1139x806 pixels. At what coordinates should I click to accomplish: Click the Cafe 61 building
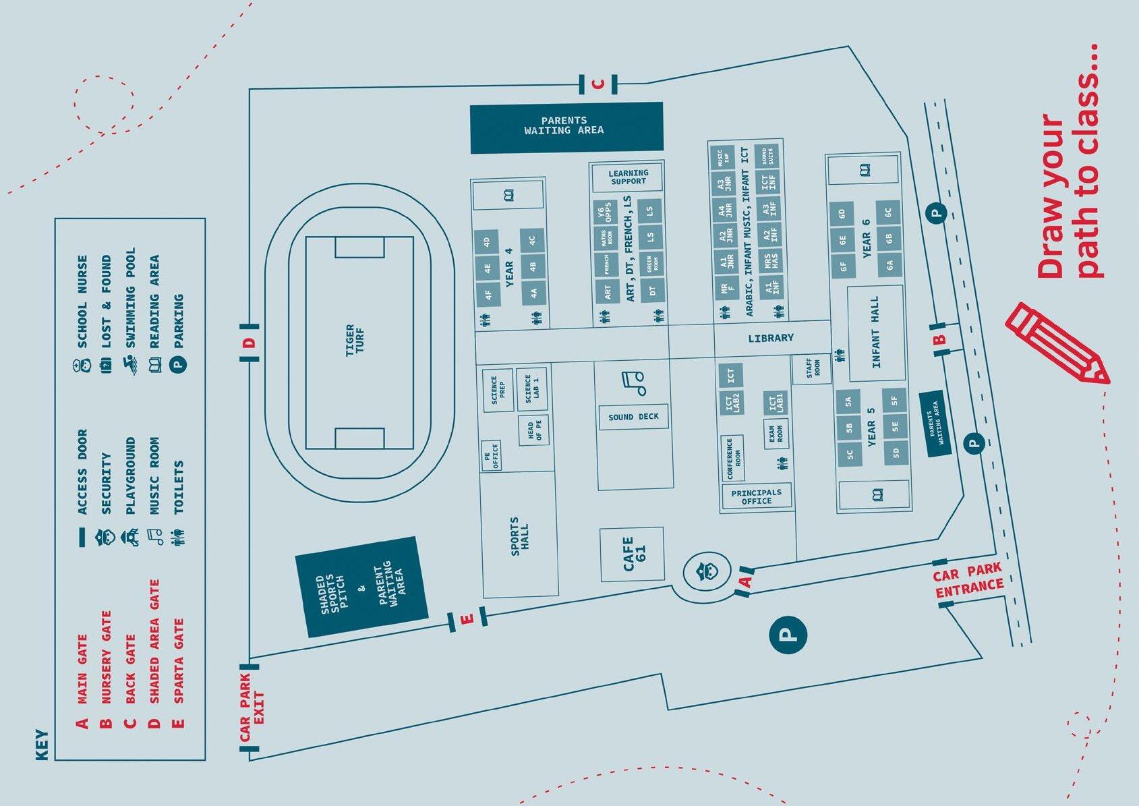click(633, 554)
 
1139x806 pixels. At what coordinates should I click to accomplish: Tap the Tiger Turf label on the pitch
click(354, 340)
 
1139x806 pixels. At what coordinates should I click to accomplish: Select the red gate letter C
click(597, 84)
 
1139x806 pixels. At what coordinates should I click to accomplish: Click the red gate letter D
click(250, 343)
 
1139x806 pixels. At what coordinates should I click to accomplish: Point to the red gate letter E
click(467, 618)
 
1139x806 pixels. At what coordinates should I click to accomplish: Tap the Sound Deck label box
click(634, 417)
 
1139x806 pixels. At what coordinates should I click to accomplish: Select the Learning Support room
click(628, 177)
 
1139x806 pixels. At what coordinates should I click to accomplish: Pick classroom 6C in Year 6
click(889, 212)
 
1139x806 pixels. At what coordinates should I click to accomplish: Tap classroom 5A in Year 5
click(848, 402)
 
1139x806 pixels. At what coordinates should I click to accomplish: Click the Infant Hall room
click(875, 333)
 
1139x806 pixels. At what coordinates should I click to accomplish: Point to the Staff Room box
click(813, 369)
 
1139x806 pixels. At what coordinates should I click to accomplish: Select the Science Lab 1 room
click(532, 388)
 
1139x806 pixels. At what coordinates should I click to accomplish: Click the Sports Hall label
click(519, 537)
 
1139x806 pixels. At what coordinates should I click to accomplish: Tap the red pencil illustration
click(1057, 344)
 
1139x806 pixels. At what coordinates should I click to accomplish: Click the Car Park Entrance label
click(968, 581)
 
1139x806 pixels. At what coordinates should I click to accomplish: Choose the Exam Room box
click(776, 432)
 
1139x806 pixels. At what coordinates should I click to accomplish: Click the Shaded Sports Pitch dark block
click(362, 587)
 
